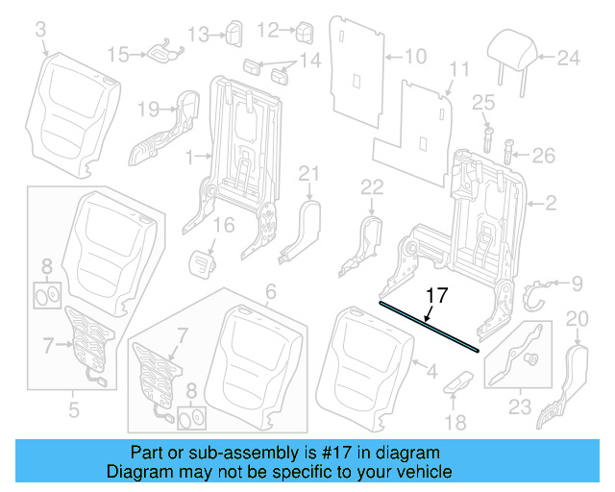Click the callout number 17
click(x=436, y=296)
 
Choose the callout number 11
click(x=460, y=69)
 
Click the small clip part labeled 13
click(x=234, y=35)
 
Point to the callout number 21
click(x=307, y=173)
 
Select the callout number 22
click(x=372, y=184)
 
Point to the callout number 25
click(x=482, y=102)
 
